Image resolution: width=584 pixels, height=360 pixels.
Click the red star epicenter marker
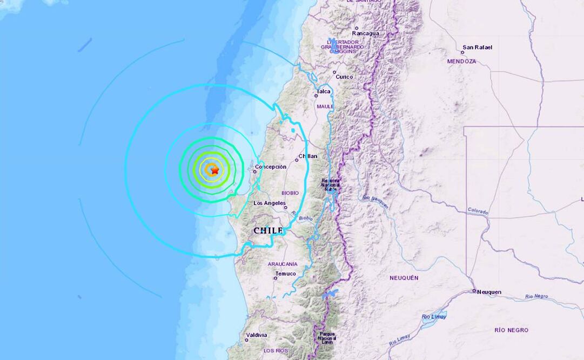(x=214, y=170)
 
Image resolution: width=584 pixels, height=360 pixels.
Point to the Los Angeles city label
(x=270, y=203)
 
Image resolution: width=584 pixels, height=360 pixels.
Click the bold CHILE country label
(x=268, y=231)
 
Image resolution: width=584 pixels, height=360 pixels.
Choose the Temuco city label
(x=285, y=274)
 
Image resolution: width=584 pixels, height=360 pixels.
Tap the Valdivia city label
(x=257, y=335)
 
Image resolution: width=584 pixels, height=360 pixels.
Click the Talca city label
(x=324, y=92)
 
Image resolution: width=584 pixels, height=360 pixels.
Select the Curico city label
(x=344, y=77)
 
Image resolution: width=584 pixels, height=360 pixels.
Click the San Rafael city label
(x=478, y=47)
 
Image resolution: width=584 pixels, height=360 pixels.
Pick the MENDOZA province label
(x=461, y=62)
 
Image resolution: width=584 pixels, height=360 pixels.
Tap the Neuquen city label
(x=489, y=292)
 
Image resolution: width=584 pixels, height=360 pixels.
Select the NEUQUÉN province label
(x=404, y=278)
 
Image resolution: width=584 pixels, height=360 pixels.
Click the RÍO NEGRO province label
(x=511, y=330)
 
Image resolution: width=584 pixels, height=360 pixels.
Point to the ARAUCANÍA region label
(x=283, y=264)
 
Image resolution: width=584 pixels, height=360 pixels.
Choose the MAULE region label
(x=325, y=106)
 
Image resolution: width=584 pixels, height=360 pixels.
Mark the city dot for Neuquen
(x=474, y=291)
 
